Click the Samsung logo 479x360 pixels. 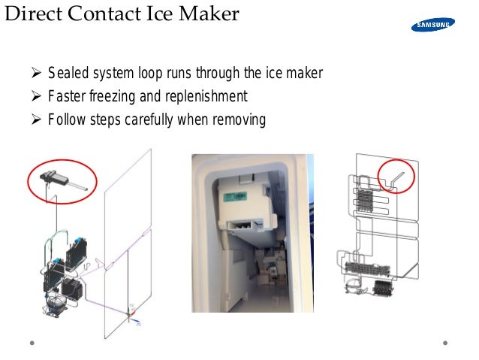coord(432,26)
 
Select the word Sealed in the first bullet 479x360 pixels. coord(67,74)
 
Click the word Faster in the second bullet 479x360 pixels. coord(66,97)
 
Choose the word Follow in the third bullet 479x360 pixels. coord(67,120)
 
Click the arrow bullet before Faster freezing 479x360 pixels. coord(35,97)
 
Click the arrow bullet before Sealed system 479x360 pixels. coord(35,74)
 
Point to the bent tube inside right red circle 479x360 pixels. coord(397,177)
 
